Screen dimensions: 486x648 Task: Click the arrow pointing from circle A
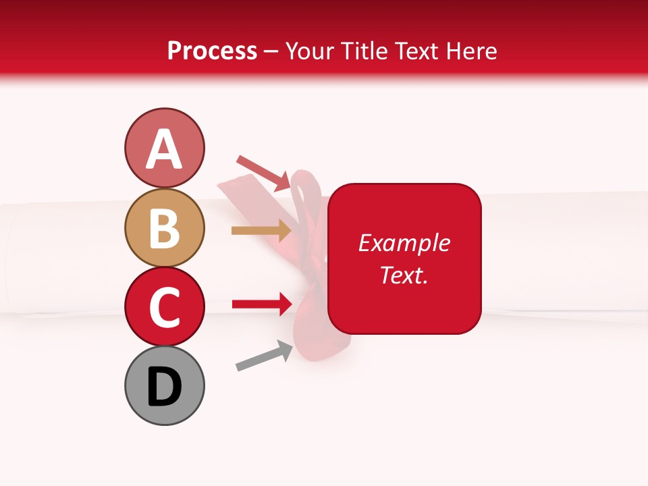point(264,173)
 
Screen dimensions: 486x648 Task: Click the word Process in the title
point(212,51)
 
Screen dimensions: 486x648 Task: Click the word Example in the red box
point(404,243)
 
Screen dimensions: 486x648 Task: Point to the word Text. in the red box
point(404,275)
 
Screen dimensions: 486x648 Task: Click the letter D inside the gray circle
point(164,387)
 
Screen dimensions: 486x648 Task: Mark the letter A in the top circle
point(164,149)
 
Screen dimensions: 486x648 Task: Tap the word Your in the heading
point(310,51)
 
